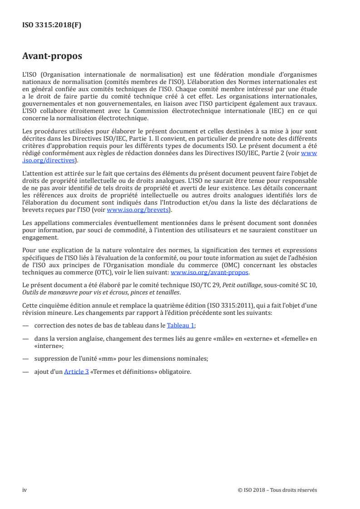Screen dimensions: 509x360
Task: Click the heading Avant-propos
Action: [52, 57]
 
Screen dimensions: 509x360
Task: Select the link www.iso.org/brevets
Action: [138, 210]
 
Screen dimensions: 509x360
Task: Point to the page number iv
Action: [25, 489]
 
